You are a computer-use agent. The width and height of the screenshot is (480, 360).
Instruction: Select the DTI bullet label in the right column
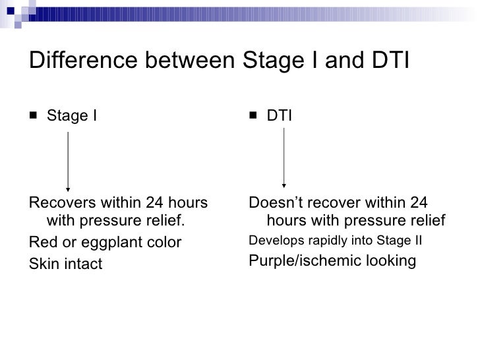point(280,116)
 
